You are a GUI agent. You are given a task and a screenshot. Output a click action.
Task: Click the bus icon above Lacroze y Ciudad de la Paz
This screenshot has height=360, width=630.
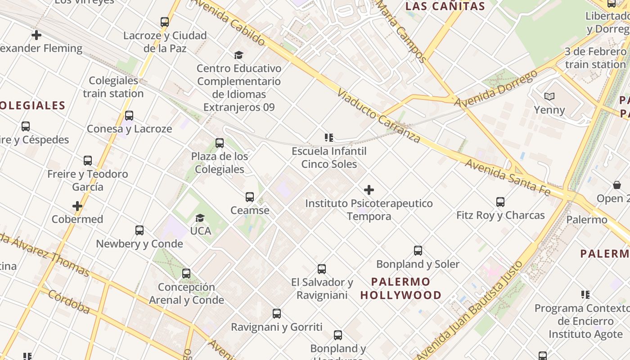coord(165,22)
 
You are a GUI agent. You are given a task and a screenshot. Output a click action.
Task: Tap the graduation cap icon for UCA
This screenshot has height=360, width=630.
coord(200,218)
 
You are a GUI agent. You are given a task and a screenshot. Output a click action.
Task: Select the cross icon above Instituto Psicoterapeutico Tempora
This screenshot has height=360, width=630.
coord(369,190)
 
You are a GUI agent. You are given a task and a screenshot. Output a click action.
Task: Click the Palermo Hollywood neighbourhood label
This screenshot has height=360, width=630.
coord(400,288)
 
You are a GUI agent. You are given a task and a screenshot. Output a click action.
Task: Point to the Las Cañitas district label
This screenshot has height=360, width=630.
coord(445,6)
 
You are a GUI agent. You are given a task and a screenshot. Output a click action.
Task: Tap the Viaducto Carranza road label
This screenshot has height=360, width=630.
coord(379,116)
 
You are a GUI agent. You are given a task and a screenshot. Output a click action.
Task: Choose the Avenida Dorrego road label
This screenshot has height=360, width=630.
coord(496,89)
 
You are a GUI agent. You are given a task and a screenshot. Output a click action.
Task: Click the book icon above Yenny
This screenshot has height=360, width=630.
coord(549,96)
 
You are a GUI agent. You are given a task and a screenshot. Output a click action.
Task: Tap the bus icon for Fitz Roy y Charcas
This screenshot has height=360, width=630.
coord(500,202)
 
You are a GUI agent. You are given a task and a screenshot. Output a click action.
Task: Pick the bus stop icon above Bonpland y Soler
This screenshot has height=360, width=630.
coord(418,251)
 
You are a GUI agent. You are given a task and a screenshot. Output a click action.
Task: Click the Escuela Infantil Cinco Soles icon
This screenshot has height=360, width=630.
coord(329,137)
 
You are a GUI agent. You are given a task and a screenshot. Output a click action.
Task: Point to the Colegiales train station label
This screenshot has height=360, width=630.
coord(113,87)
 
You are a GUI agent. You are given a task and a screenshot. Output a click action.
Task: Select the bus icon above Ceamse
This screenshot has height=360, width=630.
coord(250,197)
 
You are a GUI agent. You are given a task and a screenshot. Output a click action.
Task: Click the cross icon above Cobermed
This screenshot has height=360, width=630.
coord(77,206)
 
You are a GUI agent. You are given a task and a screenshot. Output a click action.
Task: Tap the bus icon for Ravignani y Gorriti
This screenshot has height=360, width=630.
coord(277,314)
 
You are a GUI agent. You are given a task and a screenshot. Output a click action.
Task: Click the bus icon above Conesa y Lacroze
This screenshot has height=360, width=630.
coord(129,116)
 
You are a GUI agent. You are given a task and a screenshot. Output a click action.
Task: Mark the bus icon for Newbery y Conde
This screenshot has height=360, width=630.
coord(139,230)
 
